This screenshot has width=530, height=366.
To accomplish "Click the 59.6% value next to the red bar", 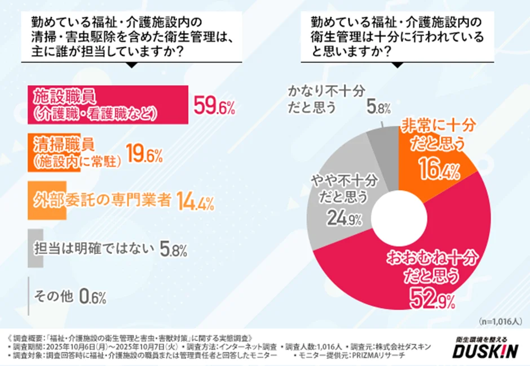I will pos(214,105).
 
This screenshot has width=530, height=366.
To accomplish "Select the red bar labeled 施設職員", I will pos(107,104).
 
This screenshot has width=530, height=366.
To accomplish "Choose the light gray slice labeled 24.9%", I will pos(344,208).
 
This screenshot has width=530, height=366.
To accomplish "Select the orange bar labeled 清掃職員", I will pos(45,153).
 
